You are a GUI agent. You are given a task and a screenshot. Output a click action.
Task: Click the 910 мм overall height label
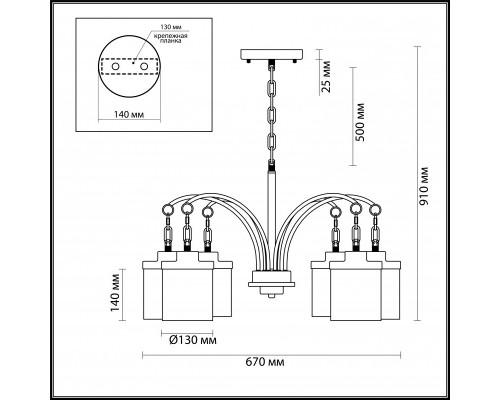(x=424, y=185)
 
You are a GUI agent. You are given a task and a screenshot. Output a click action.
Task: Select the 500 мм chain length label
(x=360, y=122)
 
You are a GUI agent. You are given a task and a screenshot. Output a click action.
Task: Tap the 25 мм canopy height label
(x=326, y=76)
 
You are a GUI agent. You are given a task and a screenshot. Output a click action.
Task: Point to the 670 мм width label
(x=265, y=362)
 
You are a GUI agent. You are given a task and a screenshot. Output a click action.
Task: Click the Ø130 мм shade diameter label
(x=193, y=340)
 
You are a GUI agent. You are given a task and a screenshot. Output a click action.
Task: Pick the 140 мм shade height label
(x=115, y=293)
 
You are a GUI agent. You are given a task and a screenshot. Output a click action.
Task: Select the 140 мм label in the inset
(x=129, y=115)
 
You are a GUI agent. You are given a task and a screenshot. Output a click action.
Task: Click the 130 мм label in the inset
(x=171, y=27)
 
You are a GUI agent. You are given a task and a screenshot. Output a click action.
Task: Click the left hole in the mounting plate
(x=116, y=67)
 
